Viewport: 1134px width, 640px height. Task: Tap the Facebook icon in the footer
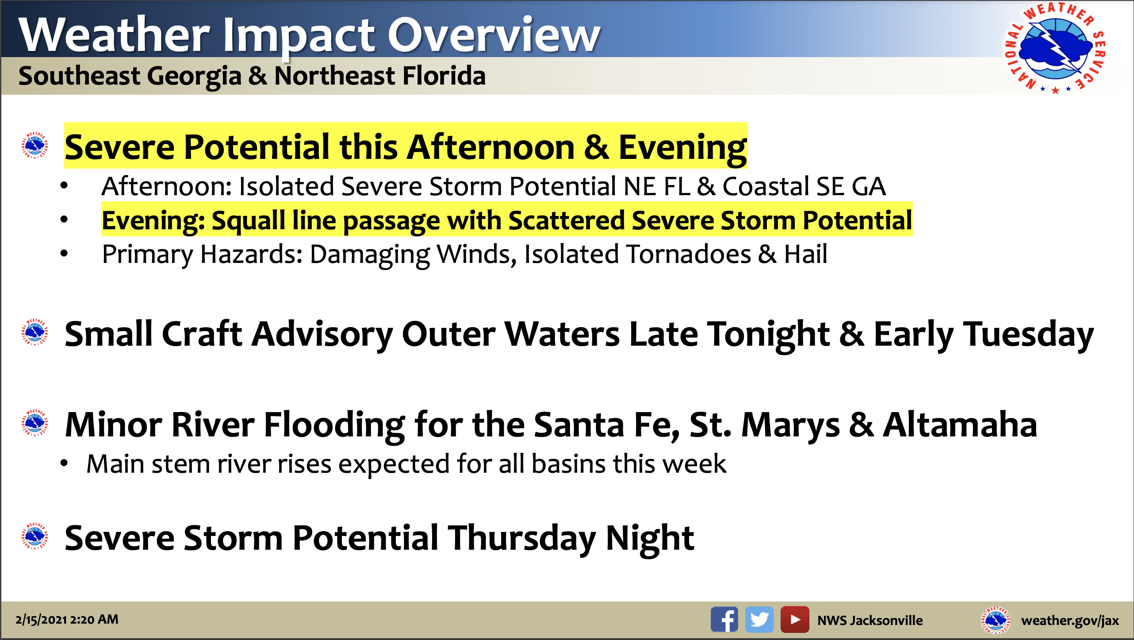pos(724,620)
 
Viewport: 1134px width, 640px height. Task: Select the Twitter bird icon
pos(759,620)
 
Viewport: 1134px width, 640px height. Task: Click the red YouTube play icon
pos(795,620)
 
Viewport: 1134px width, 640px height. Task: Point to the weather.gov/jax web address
pos(1070,621)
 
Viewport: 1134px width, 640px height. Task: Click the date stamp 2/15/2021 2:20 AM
pos(67,619)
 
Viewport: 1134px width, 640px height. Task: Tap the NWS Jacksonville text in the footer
pos(870,620)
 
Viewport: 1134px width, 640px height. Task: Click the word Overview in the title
pos(494,35)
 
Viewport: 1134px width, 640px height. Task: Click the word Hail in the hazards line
pos(805,254)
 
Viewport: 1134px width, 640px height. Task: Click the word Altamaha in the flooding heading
pos(960,424)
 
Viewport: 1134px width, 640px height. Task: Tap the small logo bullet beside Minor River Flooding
pos(34,423)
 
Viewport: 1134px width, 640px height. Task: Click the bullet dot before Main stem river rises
pos(65,463)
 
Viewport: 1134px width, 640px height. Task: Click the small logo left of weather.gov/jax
pos(996,620)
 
